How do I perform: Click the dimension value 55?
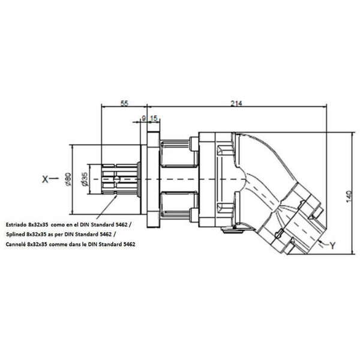pyautogui.click(x=124, y=103)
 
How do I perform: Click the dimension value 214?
pyautogui.click(x=236, y=103)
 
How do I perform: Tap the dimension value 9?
pyautogui.click(x=144, y=118)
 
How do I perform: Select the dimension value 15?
pyautogui.click(x=154, y=118)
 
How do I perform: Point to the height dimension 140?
pyautogui.click(x=349, y=197)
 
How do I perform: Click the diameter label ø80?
pyautogui.click(x=68, y=179)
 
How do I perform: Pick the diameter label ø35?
pyautogui.click(x=84, y=179)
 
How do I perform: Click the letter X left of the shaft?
pyautogui.click(x=45, y=179)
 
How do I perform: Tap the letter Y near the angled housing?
pyautogui.click(x=332, y=245)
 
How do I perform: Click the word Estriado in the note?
pyautogui.click(x=16, y=224)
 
